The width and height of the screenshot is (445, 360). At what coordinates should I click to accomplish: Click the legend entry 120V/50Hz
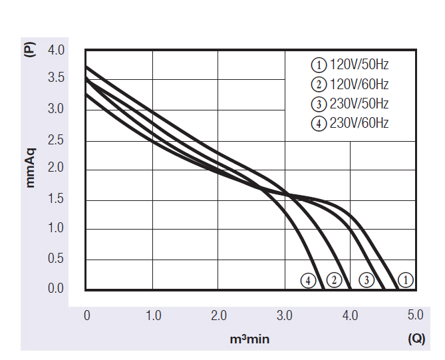coord(350,65)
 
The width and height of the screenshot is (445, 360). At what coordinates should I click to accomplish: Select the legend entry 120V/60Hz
coord(350,85)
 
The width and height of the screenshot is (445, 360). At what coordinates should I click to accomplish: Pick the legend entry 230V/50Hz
coord(350,104)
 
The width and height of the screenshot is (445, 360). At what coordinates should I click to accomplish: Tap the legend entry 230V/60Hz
coord(350,123)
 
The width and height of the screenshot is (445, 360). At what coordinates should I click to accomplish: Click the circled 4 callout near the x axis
coord(307,280)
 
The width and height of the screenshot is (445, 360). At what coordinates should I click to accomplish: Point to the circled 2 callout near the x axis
coord(335,280)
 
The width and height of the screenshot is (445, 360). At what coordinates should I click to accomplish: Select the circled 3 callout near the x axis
coord(365,280)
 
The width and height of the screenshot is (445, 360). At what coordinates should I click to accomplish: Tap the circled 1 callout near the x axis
coord(406,280)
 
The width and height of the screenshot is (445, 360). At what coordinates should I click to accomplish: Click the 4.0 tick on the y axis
coord(56,50)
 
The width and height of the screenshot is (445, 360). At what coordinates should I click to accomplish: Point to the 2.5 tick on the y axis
coord(56,140)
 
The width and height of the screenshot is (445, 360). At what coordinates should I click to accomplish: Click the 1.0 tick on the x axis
coord(153,315)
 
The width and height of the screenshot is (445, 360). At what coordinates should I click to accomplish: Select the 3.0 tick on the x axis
coord(285,315)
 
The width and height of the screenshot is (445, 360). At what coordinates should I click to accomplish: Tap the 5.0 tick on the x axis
coord(415,315)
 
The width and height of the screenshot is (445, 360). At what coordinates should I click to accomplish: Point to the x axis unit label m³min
coord(249,339)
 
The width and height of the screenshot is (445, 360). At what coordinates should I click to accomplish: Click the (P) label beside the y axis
coord(29,51)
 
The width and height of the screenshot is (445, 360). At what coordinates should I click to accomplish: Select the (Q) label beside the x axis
coord(416,339)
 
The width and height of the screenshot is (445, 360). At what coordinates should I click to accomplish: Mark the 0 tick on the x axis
coord(86,315)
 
